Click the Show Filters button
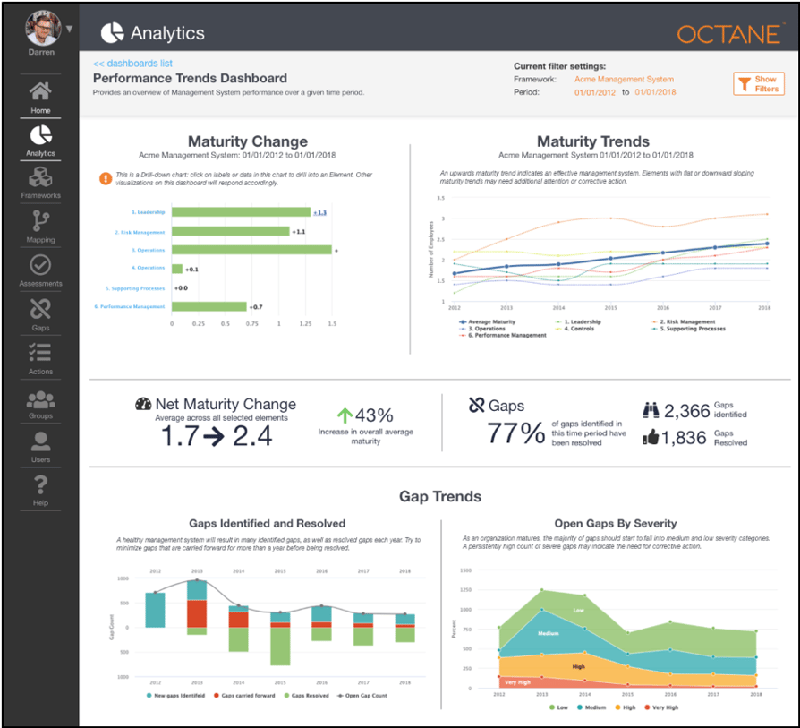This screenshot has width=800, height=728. (758, 84)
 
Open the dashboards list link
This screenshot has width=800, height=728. (132, 64)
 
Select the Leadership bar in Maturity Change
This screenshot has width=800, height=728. (241, 212)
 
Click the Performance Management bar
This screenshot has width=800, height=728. (209, 306)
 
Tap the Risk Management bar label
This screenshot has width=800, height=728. (140, 232)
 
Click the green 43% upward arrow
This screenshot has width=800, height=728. (345, 415)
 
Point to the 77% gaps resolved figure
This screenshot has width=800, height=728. (515, 433)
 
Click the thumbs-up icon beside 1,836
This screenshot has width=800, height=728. (652, 437)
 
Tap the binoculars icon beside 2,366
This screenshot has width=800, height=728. (652, 410)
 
